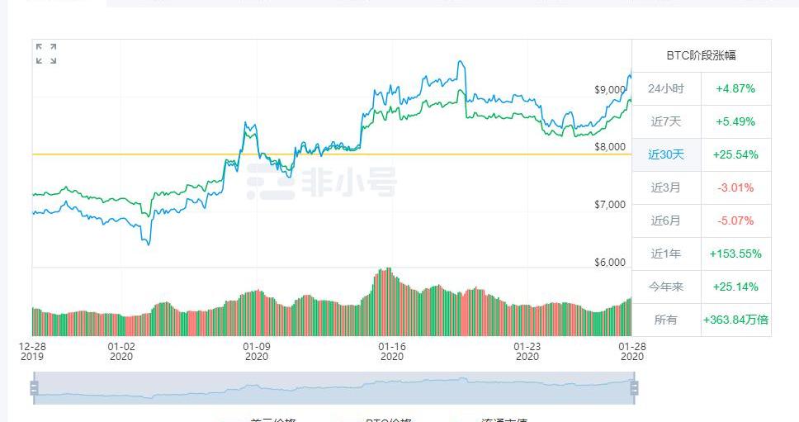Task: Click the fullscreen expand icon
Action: tap(46, 54)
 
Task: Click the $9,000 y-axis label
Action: tap(610, 89)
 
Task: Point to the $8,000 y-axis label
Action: tap(610, 147)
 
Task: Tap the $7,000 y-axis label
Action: tap(610, 205)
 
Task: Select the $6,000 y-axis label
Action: tap(610, 263)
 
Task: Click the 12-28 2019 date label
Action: tap(32, 352)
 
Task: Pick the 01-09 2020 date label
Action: tap(256, 352)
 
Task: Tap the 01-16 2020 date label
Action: tap(391, 352)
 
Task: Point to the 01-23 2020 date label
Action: tap(527, 352)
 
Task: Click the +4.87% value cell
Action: tap(735, 88)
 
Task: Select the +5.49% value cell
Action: tap(735, 121)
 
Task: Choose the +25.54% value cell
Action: tap(735, 154)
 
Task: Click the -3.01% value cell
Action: tap(735, 187)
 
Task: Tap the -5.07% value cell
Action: tap(735, 220)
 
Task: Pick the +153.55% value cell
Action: tap(735, 254)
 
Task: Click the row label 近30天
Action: tap(666, 154)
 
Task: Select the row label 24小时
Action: tap(666, 88)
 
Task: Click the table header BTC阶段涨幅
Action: tap(701, 55)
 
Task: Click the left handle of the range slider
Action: tap(35, 387)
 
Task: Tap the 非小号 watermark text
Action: tap(347, 182)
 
